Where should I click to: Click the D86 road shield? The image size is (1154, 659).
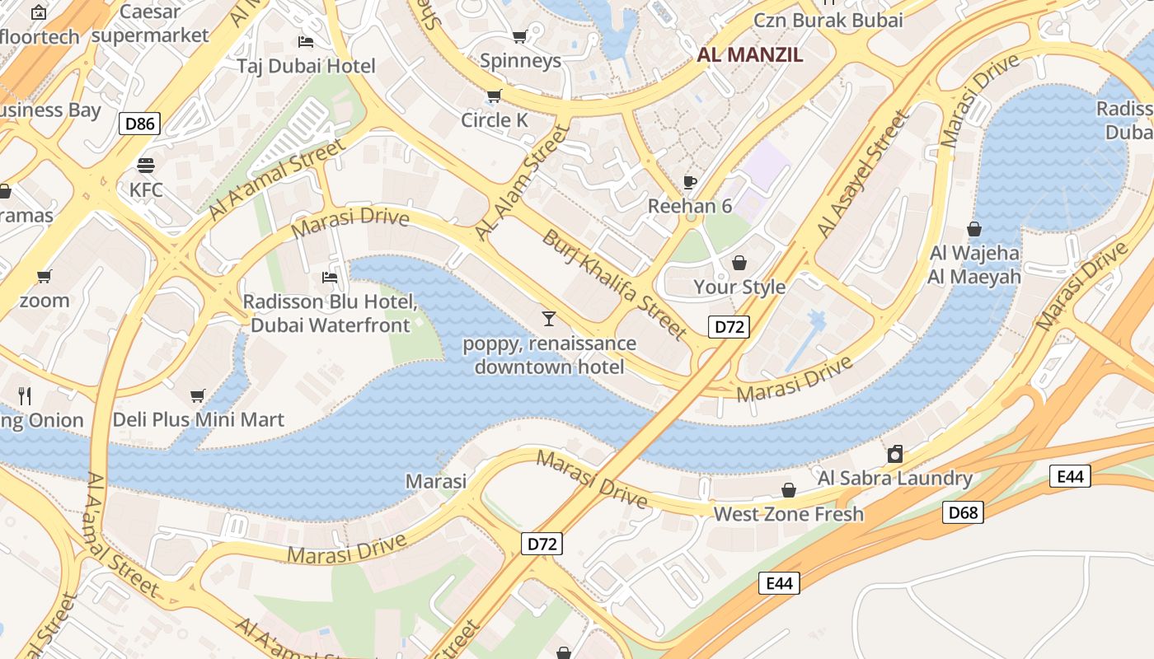click(139, 124)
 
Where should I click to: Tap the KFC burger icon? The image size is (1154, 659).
click(146, 166)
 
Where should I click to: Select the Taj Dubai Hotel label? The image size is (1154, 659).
click(306, 66)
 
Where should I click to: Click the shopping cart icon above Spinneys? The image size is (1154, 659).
click(519, 36)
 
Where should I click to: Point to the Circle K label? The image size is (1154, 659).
click(495, 120)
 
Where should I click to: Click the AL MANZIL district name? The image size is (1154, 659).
click(750, 55)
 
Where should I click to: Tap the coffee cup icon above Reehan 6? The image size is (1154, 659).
click(690, 182)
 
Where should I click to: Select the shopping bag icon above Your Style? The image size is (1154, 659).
click(739, 263)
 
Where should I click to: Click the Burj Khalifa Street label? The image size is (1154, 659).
click(614, 284)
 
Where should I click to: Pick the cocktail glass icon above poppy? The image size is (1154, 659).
click(549, 318)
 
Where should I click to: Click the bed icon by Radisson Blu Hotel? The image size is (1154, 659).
click(330, 278)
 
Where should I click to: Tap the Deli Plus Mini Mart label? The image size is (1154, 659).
click(199, 420)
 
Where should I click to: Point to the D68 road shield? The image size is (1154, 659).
click(962, 513)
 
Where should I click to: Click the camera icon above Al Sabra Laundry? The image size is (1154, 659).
click(894, 454)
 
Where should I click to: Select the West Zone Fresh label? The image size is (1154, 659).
click(789, 514)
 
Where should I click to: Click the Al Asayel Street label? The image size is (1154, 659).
click(863, 175)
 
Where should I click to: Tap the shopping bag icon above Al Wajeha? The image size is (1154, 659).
click(974, 229)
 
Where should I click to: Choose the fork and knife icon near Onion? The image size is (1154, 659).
click(25, 396)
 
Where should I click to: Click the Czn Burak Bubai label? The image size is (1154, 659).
click(828, 20)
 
